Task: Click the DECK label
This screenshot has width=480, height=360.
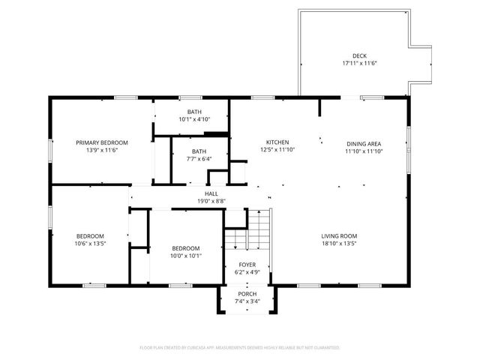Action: point(359,56)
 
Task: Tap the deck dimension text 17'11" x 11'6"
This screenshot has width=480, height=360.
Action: point(359,64)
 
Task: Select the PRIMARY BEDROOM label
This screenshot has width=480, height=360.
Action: point(102,142)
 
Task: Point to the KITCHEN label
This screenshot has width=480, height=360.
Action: point(277,142)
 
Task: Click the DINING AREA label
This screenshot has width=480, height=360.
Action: point(364,143)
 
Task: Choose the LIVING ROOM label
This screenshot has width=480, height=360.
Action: point(339,236)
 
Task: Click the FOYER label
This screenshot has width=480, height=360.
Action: point(247,265)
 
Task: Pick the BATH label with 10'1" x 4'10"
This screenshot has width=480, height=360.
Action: point(194,112)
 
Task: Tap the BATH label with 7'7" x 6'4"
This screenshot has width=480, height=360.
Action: point(199,151)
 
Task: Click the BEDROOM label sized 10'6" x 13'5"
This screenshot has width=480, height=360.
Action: point(89,236)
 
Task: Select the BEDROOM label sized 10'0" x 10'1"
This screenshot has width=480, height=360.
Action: point(185,248)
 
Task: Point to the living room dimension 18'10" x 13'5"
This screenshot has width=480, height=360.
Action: point(339,244)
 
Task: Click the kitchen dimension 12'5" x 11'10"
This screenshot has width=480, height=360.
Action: point(277,150)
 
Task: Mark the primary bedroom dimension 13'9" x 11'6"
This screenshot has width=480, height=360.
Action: point(102,150)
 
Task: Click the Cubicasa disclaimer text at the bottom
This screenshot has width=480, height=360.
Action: point(240,348)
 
